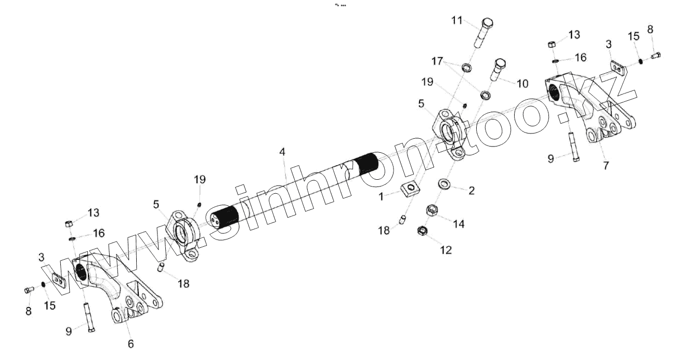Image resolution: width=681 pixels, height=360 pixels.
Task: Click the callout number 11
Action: [x=456, y=20]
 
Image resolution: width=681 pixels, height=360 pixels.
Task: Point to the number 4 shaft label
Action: [x=282, y=152]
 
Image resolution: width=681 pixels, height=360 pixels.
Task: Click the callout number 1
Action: [x=382, y=198]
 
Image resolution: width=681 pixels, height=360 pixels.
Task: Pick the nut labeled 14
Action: [x=431, y=210]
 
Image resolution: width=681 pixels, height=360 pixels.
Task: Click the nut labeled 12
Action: [x=423, y=230]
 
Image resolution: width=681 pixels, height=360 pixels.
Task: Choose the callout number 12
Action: [x=446, y=250]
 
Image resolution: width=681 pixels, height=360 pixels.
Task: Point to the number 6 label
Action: [x=130, y=343]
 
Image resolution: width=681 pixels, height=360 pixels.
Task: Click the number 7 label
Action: [x=606, y=166]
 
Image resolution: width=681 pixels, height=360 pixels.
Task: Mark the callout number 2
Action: [x=472, y=191]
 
